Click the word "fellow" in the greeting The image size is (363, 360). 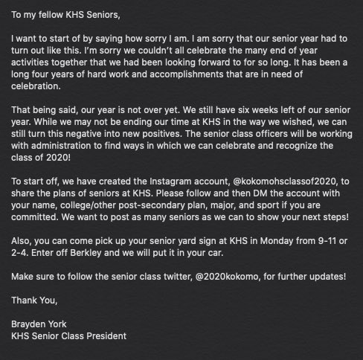pos(57,13)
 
